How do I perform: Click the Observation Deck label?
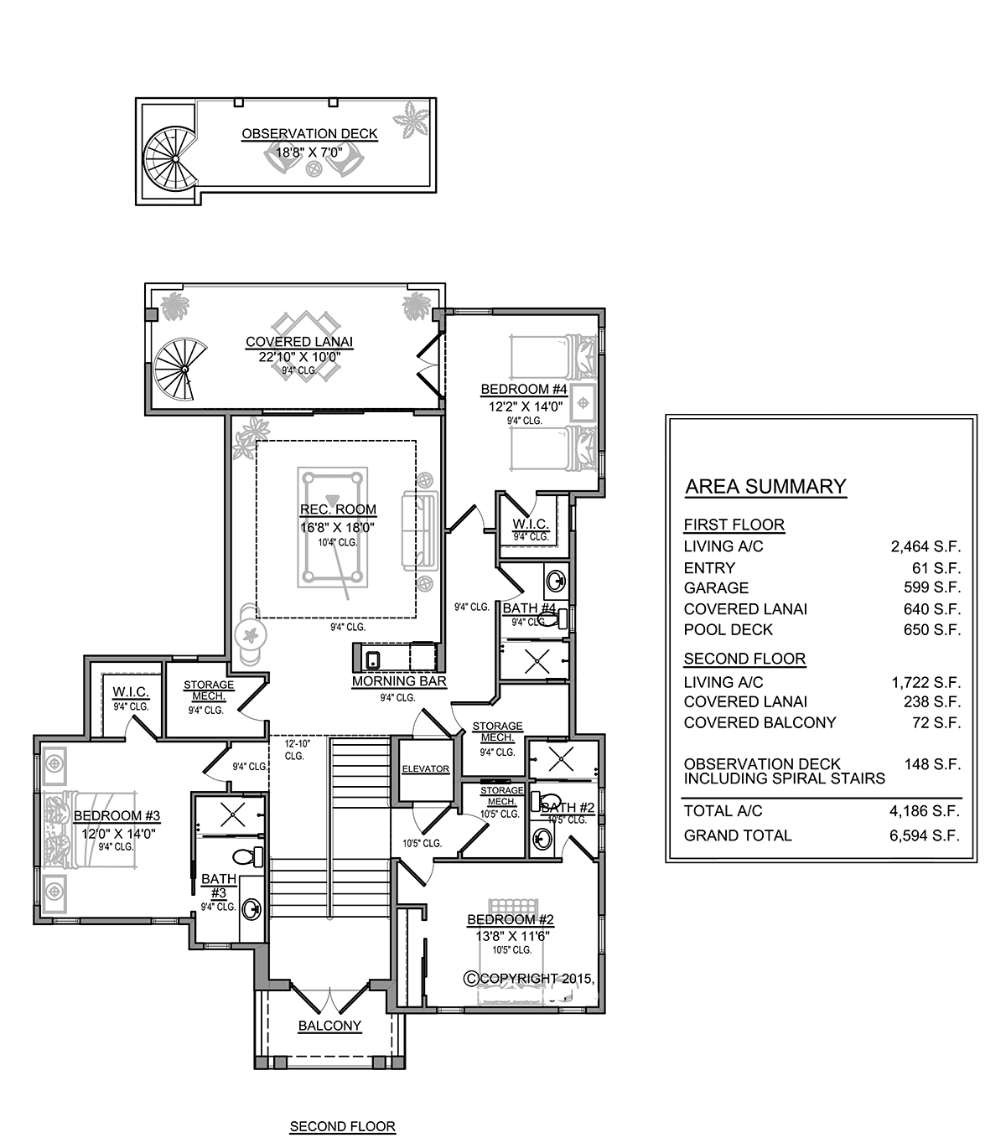tap(310, 134)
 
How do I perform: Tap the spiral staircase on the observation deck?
tap(171, 159)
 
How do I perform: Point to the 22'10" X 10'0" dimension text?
tap(299, 357)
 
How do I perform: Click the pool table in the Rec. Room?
tap(332, 527)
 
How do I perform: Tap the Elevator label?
tap(426, 768)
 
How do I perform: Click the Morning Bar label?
tap(399, 681)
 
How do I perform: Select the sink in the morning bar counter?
tap(373, 659)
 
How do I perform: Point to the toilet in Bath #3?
tap(248, 856)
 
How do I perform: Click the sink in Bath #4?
tap(556, 581)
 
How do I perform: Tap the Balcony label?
tap(329, 1026)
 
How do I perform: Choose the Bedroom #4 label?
tap(524, 390)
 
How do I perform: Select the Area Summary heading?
tap(765, 486)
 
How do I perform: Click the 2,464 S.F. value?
tap(926, 546)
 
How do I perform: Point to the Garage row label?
tap(716, 587)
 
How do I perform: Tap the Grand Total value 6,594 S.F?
tap(925, 835)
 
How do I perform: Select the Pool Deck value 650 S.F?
tap(932, 629)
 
